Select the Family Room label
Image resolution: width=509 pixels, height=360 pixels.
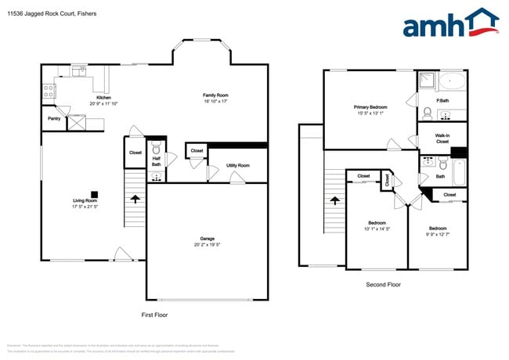point(215,95)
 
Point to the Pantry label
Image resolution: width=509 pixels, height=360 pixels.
point(54,120)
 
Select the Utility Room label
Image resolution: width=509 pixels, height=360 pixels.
point(237,166)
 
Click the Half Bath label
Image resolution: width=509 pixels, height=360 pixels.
point(156,161)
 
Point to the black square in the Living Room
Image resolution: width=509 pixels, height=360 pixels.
point(93,195)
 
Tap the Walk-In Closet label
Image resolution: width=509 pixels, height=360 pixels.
point(442,139)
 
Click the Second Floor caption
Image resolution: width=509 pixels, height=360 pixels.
point(383,285)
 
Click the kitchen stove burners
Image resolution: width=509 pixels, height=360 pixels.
point(49,91)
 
